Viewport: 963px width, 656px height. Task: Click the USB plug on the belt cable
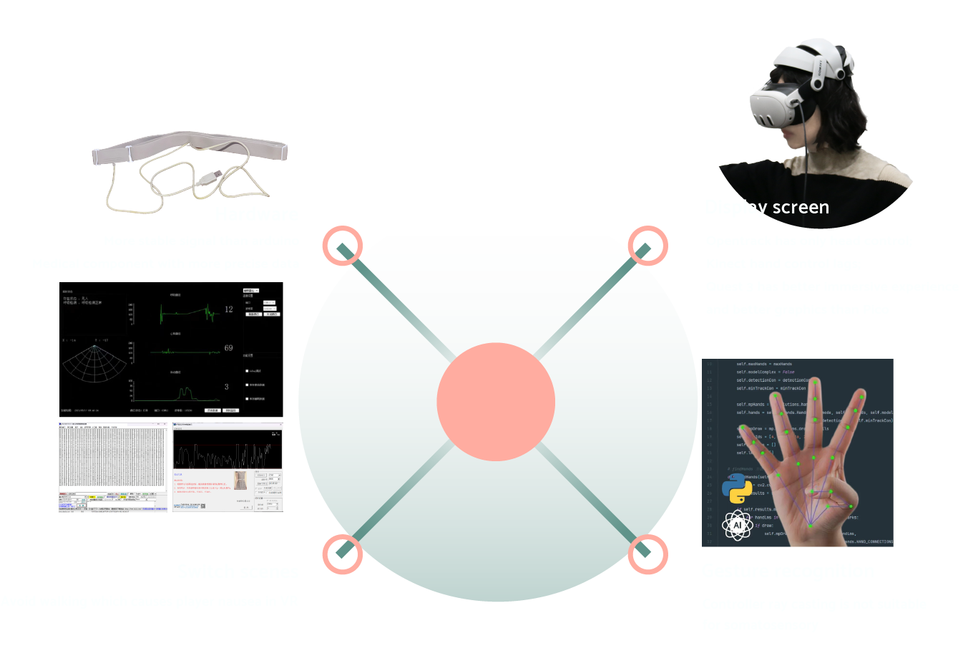[x=211, y=175]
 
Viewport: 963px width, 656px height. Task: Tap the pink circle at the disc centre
[x=496, y=402]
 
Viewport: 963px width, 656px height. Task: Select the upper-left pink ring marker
[x=343, y=246]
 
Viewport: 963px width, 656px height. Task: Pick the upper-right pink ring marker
[x=647, y=246]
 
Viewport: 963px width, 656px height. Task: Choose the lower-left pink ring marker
[x=343, y=554]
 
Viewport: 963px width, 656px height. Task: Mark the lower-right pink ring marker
[x=647, y=554]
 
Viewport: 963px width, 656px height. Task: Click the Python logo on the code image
[x=737, y=489]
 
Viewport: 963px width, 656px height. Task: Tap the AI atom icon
[x=737, y=525]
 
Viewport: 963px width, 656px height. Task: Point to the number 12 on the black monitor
[x=228, y=309]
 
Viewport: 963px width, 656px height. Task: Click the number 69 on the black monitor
[x=228, y=348]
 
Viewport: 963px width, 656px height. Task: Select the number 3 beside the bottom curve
[x=227, y=387]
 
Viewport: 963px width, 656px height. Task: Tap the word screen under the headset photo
[x=801, y=208]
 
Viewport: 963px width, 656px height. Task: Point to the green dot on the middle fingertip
[x=815, y=382]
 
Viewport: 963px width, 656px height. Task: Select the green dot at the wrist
[x=810, y=526]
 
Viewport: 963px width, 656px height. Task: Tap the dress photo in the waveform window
[x=241, y=480]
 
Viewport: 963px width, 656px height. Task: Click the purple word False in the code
[x=788, y=372]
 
